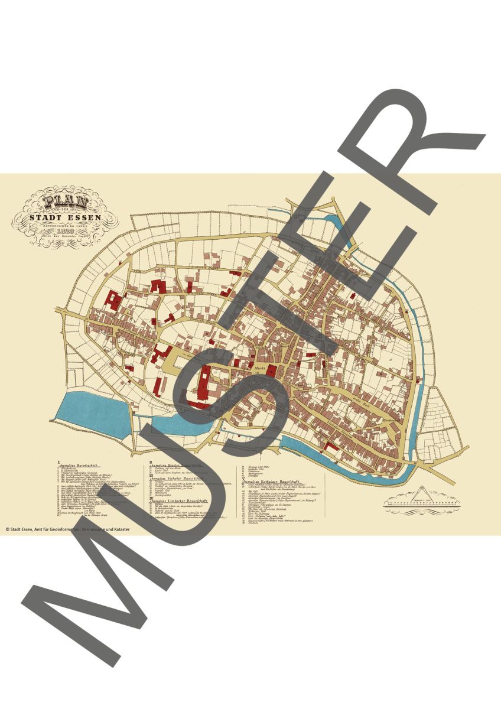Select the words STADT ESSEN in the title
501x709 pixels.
(x=66, y=217)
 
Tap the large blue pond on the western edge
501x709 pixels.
(x=95, y=414)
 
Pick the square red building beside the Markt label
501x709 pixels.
(x=272, y=371)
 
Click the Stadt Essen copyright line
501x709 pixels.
(x=67, y=529)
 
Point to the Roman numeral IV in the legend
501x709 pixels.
(x=152, y=499)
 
